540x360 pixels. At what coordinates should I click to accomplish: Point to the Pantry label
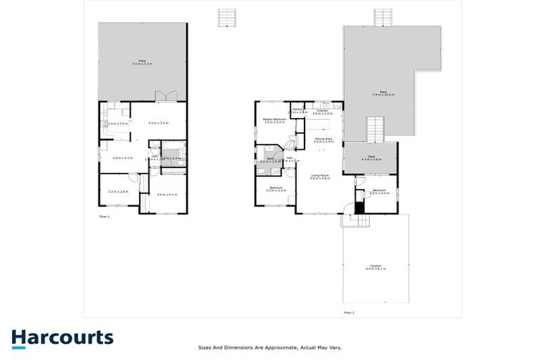pos(297,110)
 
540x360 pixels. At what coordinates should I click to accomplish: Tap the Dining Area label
pos(323,140)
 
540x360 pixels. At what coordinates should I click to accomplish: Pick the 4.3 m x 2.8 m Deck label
pos(370,158)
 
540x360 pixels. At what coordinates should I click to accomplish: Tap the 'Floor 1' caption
pos(104,217)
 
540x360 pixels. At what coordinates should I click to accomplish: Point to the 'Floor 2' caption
pos(349,311)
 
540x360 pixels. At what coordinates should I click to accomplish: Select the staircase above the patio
pos(226,18)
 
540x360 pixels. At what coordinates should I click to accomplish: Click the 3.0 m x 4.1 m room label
pos(167,194)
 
